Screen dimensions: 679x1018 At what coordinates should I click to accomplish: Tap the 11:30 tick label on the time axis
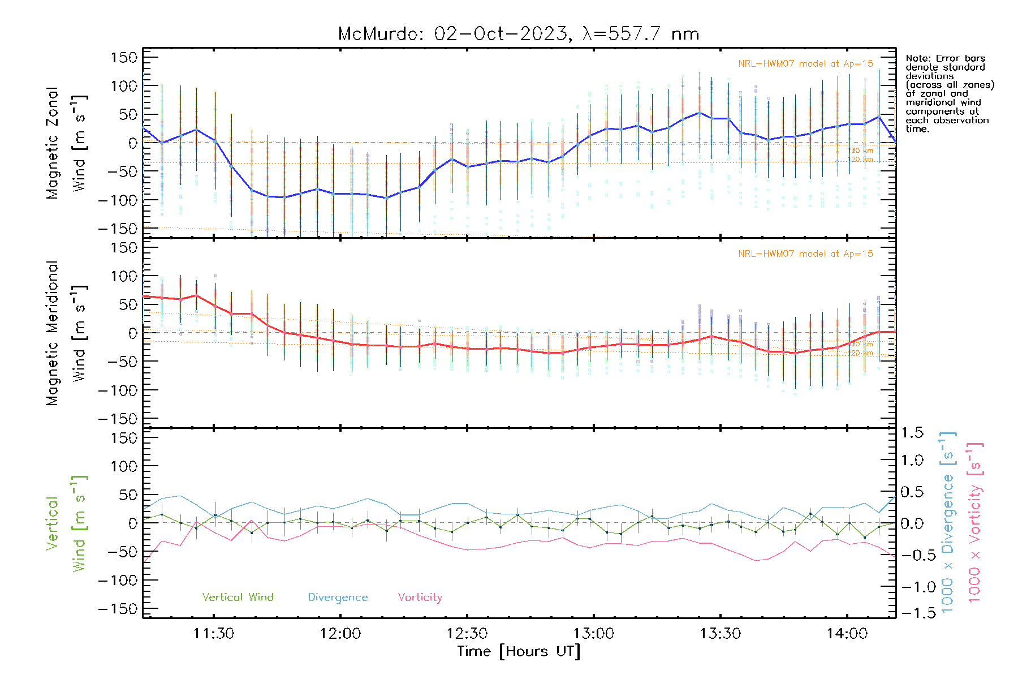[x=213, y=633]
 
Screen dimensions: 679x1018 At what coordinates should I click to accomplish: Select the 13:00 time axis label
[x=593, y=633]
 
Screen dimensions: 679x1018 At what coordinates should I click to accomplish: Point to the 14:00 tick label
[x=847, y=633]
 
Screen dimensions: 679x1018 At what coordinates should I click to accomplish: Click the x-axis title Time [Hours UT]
[x=518, y=651]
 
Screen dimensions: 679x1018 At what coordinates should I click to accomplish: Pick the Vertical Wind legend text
[x=238, y=597]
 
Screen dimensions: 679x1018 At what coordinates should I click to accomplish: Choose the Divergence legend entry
[x=338, y=597]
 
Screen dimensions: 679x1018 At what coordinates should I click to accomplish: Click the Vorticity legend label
[x=420, y=597]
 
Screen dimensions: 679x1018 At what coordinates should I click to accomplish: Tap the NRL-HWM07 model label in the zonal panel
[x=805, y=63]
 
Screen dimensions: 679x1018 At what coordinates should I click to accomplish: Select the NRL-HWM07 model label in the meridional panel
[x=805, y=253]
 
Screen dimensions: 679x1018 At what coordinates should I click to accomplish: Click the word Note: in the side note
[x=917, y=58]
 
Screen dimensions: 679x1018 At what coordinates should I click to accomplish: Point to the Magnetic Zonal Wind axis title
[x=66, y=143]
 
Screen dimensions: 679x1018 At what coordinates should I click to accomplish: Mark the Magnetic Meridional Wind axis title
[x=66, y=333]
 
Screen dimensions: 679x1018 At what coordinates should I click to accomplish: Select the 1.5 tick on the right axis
[x=912, y=433]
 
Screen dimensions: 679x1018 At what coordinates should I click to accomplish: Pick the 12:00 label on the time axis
[x=340, y=633]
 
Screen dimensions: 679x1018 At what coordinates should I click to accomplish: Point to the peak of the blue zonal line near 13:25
[x=700, y=113]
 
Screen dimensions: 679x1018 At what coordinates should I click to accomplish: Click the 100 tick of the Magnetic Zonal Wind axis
[x=124, y=86]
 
